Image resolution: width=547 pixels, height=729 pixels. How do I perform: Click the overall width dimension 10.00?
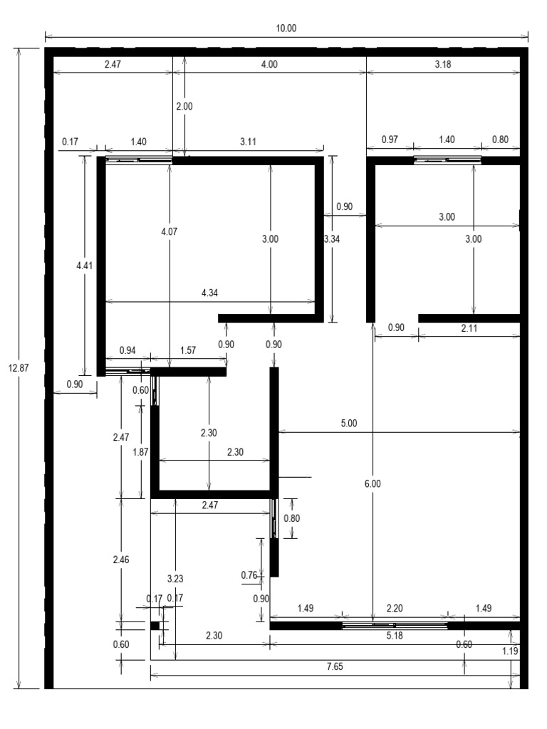pyautogui.click(x=286, y=28)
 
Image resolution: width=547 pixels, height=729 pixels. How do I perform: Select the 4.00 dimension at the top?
pyautogui.click(x=269, y=64)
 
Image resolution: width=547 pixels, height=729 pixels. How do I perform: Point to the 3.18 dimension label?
pyautogui.click(x=442, y=64)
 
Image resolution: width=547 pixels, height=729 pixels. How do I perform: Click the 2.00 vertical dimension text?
pyautogui.click(x=184, y=106)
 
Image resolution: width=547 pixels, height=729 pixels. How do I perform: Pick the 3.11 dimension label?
pyautogui.click(x=248, y=142)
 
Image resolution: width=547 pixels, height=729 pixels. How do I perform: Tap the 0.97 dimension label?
pyautogui.click(x=390, y=140)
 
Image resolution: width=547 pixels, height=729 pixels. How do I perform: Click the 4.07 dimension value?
pyautogui.click(x=169, y=230)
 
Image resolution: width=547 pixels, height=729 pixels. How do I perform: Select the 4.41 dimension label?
pyautogui.click(x=85, y=265)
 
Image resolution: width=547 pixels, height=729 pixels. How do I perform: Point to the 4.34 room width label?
pyautogui.click(x=211, y=293)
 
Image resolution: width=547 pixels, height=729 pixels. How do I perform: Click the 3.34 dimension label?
pyautogui.click(x=331, y=239)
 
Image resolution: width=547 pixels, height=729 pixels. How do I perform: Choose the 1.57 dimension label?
pyautogui.click(x=188, y=350)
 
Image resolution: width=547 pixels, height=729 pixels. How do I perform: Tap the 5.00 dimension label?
pyautogui.click(x=349, y=423)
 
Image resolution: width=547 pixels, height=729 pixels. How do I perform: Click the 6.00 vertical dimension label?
pyautogui.click(x=373, y=483)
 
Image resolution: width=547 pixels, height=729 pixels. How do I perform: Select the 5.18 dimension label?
pyautogui.click(x=394, y=636)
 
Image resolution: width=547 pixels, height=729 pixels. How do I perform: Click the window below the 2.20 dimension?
pyautogui.click(x=395, y=626)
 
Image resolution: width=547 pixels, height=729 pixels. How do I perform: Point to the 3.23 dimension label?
pyautogui.click(x=175, y=579)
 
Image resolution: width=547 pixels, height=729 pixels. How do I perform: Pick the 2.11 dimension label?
pyautogui.click(x=469, y=327)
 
